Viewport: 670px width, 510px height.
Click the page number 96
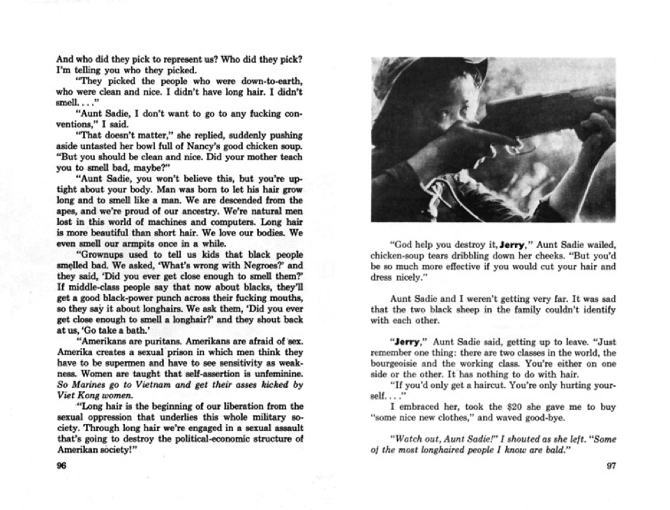click(x=61, y=469)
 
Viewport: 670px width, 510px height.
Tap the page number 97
click(x=610, y=468)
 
